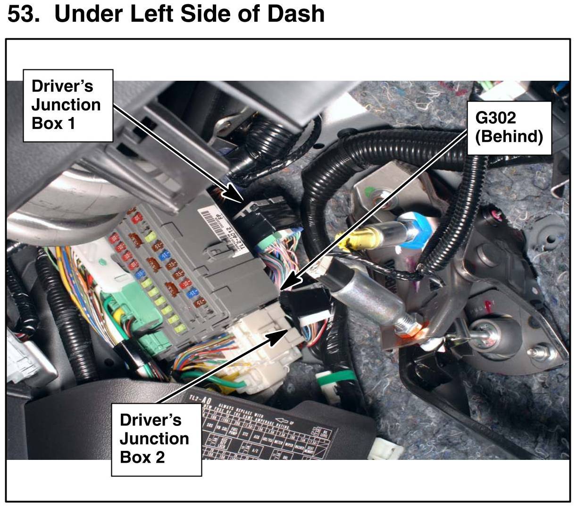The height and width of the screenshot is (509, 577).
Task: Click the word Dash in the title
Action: pyautogui.click(x=296, y=13)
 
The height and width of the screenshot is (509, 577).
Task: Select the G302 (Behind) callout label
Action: pyautogui.click(x=509, y=127)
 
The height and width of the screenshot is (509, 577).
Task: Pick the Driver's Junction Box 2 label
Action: pyautogui.click(x=155, y=439)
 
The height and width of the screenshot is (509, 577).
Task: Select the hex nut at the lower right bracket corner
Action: pyautogui.click(x=538, y=352)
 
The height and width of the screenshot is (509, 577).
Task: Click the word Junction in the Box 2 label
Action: pyautogui.click(x=154, y=439)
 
